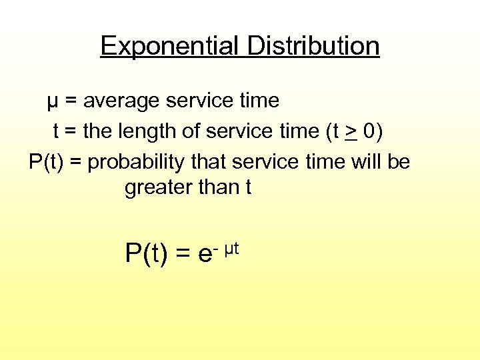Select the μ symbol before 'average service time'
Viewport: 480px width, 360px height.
click(x=52, y=102)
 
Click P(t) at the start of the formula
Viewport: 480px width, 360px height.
click(x=146, y=253)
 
